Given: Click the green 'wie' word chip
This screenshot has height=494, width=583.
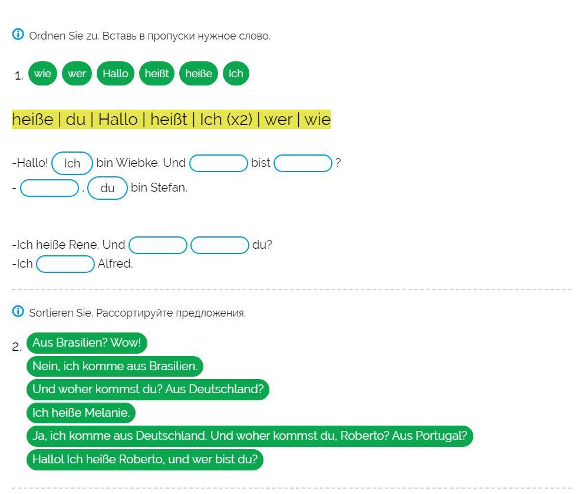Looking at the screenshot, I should click(42, 74).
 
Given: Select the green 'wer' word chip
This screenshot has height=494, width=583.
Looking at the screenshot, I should click(77, 74).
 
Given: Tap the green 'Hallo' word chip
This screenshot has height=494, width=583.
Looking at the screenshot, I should click(116, 74).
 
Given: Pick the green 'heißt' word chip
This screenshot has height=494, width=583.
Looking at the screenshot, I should click(157, 74).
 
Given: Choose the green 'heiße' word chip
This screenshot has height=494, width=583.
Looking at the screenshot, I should click(199, 74).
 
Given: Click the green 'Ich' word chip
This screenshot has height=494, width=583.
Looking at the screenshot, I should click(236, 74).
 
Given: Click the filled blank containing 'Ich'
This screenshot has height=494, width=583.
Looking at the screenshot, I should click(72, 163).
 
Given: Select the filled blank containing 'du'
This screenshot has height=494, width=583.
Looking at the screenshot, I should click(107, 188).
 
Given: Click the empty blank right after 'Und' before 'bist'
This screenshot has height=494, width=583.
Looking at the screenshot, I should click(219, 163).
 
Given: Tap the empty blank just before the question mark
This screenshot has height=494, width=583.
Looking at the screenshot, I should click(303, 163).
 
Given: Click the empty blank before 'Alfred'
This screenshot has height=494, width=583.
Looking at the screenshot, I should click(65, 264).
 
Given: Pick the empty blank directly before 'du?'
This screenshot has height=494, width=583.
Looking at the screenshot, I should click(220, 245).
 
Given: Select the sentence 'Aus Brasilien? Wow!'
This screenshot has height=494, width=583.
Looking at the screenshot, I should click(87, 343).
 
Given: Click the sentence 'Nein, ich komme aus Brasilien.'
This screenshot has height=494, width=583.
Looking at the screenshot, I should click(115, 366).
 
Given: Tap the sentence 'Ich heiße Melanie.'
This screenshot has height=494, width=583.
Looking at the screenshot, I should click(81, 413).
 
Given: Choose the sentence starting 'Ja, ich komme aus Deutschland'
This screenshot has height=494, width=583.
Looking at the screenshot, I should click(249, 436).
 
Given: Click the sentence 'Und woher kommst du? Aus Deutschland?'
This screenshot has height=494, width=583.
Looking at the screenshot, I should click(148, 390).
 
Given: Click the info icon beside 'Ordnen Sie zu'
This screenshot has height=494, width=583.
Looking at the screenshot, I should click(18, 35).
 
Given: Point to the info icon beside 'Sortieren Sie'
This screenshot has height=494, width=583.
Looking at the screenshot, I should click(18, 312).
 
